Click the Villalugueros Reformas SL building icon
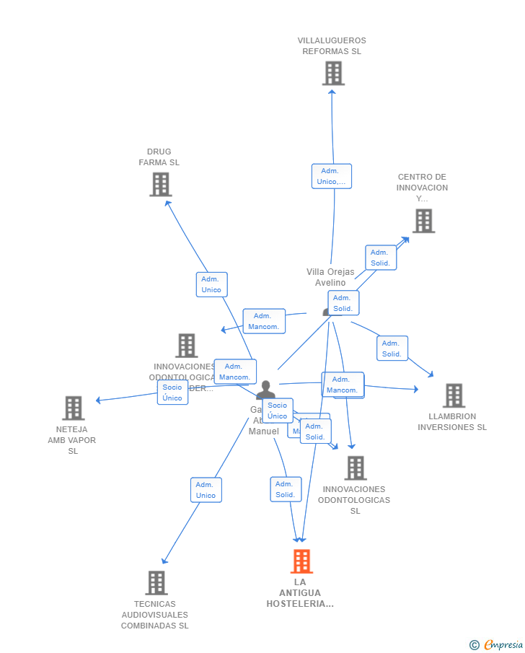[333, 73]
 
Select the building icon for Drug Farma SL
[160, 184]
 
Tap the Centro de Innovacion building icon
[423, 221]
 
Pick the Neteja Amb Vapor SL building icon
[73, 408]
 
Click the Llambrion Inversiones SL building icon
[454, 395]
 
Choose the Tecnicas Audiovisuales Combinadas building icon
[156, 582]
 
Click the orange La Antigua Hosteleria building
[301, 561]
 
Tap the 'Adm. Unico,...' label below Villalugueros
[332, 176]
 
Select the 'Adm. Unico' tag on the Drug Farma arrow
[211, 284]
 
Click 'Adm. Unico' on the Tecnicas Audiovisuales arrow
[206, 490]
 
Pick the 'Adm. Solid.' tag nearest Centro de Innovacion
[380, 258]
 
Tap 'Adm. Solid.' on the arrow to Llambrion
[392, 349]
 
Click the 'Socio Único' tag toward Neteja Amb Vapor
[172, 393]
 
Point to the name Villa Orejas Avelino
[330, 277]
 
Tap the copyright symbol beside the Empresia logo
[474, 645]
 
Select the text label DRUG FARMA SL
[159, 157]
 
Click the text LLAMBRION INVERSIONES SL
[452, 421]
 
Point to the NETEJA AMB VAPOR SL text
[72, 440]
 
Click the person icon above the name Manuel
[265, 390]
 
